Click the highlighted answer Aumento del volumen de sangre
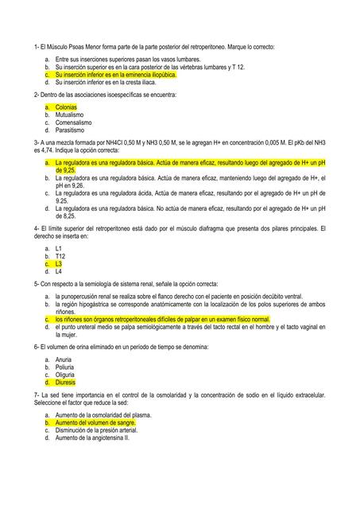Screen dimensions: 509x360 tap(95, 423)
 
